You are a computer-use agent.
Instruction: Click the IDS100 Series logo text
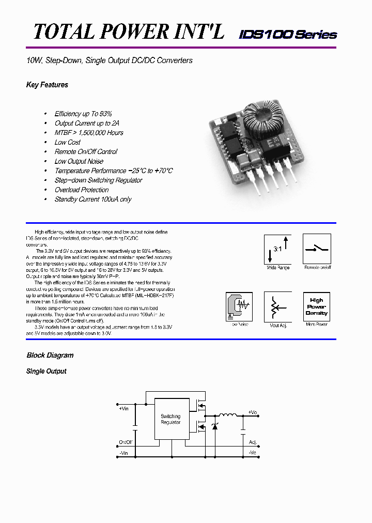[288, 35]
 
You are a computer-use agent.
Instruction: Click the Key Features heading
[47, 85]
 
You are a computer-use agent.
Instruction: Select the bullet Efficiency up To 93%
[83, 114]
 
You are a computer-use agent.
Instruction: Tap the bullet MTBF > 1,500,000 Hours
[89, 133]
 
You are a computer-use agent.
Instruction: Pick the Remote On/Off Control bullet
[86, 152]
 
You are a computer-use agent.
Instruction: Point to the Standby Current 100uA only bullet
[93, 199]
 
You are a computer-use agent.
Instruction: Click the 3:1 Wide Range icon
[278, 249]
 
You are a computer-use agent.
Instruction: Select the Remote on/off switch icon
[316, 249]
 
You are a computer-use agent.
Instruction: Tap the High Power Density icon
[316, 306]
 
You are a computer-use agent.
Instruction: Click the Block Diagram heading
[50, 356]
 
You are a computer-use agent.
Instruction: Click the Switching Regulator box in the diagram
[171, 419]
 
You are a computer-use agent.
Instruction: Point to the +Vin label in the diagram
[123, 408]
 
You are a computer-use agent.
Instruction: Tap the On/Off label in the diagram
[126, 442]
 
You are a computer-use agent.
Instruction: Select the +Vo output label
[252, 412]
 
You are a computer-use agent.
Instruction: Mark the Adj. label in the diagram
[253, 442]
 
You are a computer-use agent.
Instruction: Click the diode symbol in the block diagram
[215, 426]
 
